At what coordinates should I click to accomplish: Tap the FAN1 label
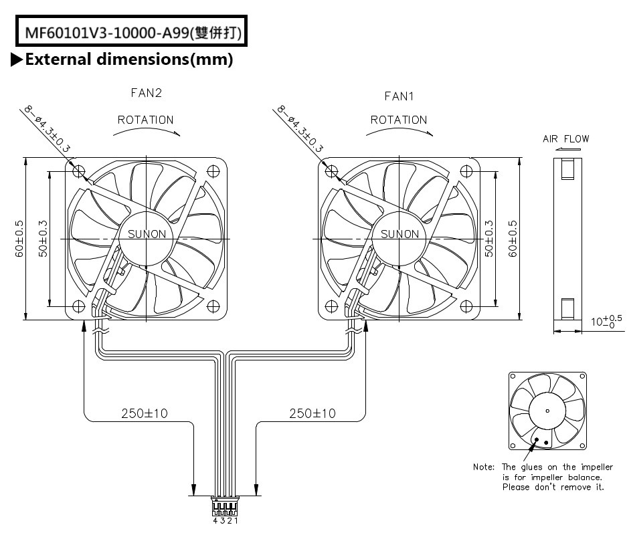point(399,96)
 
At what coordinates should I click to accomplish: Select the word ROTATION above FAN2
point(145,120)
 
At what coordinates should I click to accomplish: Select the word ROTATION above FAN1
point(399,120)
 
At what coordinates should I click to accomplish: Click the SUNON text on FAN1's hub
point(399,233)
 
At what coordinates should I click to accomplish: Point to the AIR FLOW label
point(566,139)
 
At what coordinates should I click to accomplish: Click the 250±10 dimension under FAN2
point(145,414)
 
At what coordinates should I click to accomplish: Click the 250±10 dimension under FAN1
point(312,414)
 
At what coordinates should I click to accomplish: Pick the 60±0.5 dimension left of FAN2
point(20,239)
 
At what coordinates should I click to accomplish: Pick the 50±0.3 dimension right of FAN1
point(489,239)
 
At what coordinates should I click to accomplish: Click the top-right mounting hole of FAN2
point(213,171)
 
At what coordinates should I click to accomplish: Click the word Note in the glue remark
point(484,467)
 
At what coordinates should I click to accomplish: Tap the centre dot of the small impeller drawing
point(547,410)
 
